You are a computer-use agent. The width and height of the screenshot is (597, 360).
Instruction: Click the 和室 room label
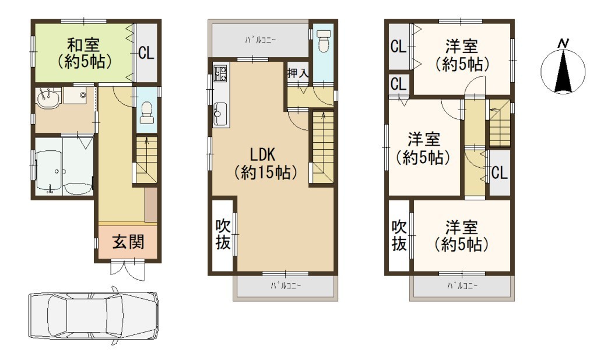click(x=83, y=45)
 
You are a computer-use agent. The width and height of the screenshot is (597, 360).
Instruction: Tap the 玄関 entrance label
click(x=128, y=242)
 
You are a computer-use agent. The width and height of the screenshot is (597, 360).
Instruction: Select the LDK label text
click(x=262, y=154)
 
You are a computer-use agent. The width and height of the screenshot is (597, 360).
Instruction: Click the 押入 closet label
click(x=297, y=73)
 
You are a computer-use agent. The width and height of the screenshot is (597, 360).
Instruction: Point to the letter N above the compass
click(x=563, y=44)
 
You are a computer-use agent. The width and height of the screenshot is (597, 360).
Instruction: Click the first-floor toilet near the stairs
click(x=146, y=114)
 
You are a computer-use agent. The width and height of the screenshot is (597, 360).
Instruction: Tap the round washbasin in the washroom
click(x=48, y=100)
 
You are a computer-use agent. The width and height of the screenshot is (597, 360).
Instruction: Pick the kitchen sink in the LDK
click(x=220, y=114)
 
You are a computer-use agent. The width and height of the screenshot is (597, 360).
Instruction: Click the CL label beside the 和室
click(x=146, y=52)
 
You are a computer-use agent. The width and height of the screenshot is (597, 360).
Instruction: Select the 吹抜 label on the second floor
click(x=223, y=235)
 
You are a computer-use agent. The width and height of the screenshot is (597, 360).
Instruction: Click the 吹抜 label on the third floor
click(x=399, y=236)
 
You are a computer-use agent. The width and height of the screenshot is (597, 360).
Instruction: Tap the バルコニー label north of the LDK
click(x=261, y=40)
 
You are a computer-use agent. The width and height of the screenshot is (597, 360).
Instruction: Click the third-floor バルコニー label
click(x=462, y=285)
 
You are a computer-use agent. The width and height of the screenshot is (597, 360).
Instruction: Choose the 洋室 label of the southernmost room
click(x=462, y=228)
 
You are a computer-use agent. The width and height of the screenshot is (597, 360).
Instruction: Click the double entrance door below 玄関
click(x=128, y=268)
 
